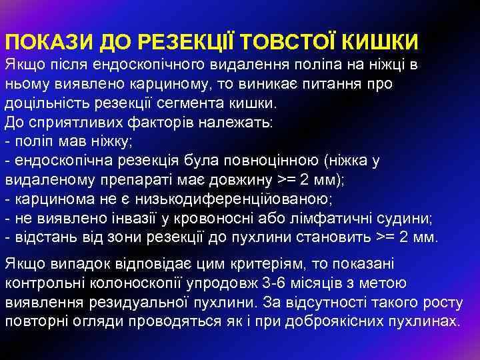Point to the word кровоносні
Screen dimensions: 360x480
(247, 218)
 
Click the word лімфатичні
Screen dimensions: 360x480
(353, 218)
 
